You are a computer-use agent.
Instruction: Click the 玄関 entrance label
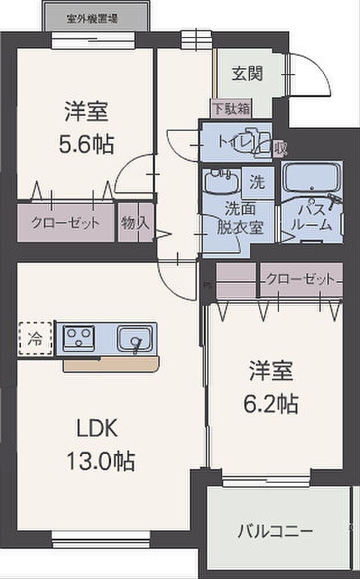pos(247,74)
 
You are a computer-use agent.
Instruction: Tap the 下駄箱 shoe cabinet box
pos(230,108)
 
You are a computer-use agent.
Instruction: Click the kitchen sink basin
pos(135,338)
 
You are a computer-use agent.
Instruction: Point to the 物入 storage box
pos(135,222)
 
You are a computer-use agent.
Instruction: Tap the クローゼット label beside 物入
pos(65,222)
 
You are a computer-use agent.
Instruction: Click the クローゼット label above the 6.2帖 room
pos(300,279)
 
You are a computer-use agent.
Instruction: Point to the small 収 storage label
pos(280,148)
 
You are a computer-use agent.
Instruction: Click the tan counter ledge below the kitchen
pos(110,365)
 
